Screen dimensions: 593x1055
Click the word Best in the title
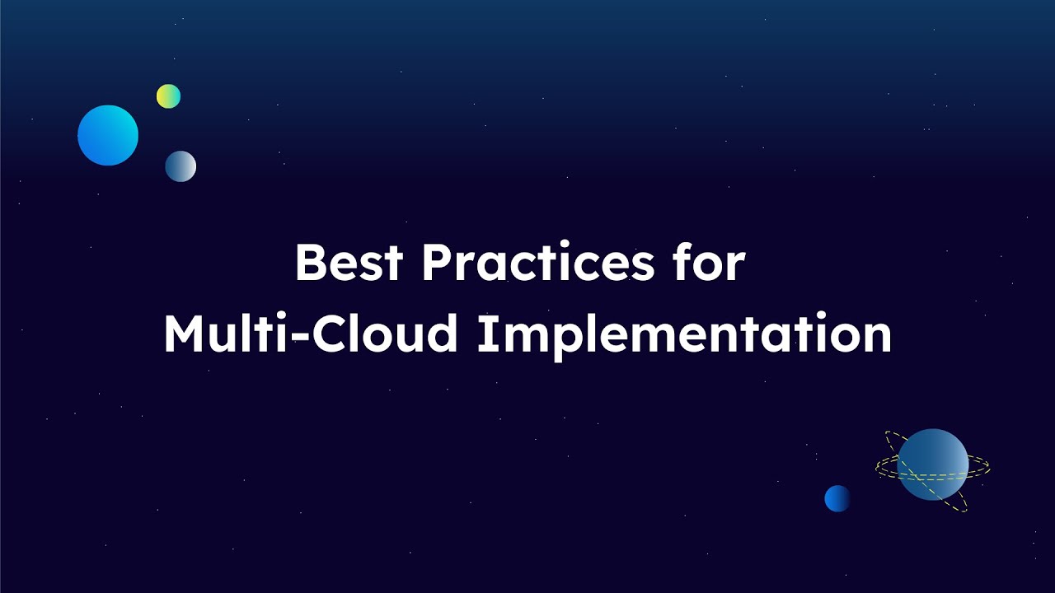[x=349, y=264]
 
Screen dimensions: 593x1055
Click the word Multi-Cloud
[x=310, y=334]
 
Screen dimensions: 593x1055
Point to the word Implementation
[x=684, y=334]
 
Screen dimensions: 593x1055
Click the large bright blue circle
[x=108, y=135]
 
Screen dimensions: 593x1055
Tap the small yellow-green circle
[x=168, y=96]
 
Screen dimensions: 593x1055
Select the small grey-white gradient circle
[x=181, y=166]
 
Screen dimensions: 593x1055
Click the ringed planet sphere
[x=932, y=464]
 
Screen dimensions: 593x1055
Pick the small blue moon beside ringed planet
[x=837, y=498]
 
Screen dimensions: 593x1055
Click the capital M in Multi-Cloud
[x=184, y=334]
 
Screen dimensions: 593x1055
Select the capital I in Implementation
[x=484, y=334]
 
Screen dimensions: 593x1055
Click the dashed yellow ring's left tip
[x=878, y=468]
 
